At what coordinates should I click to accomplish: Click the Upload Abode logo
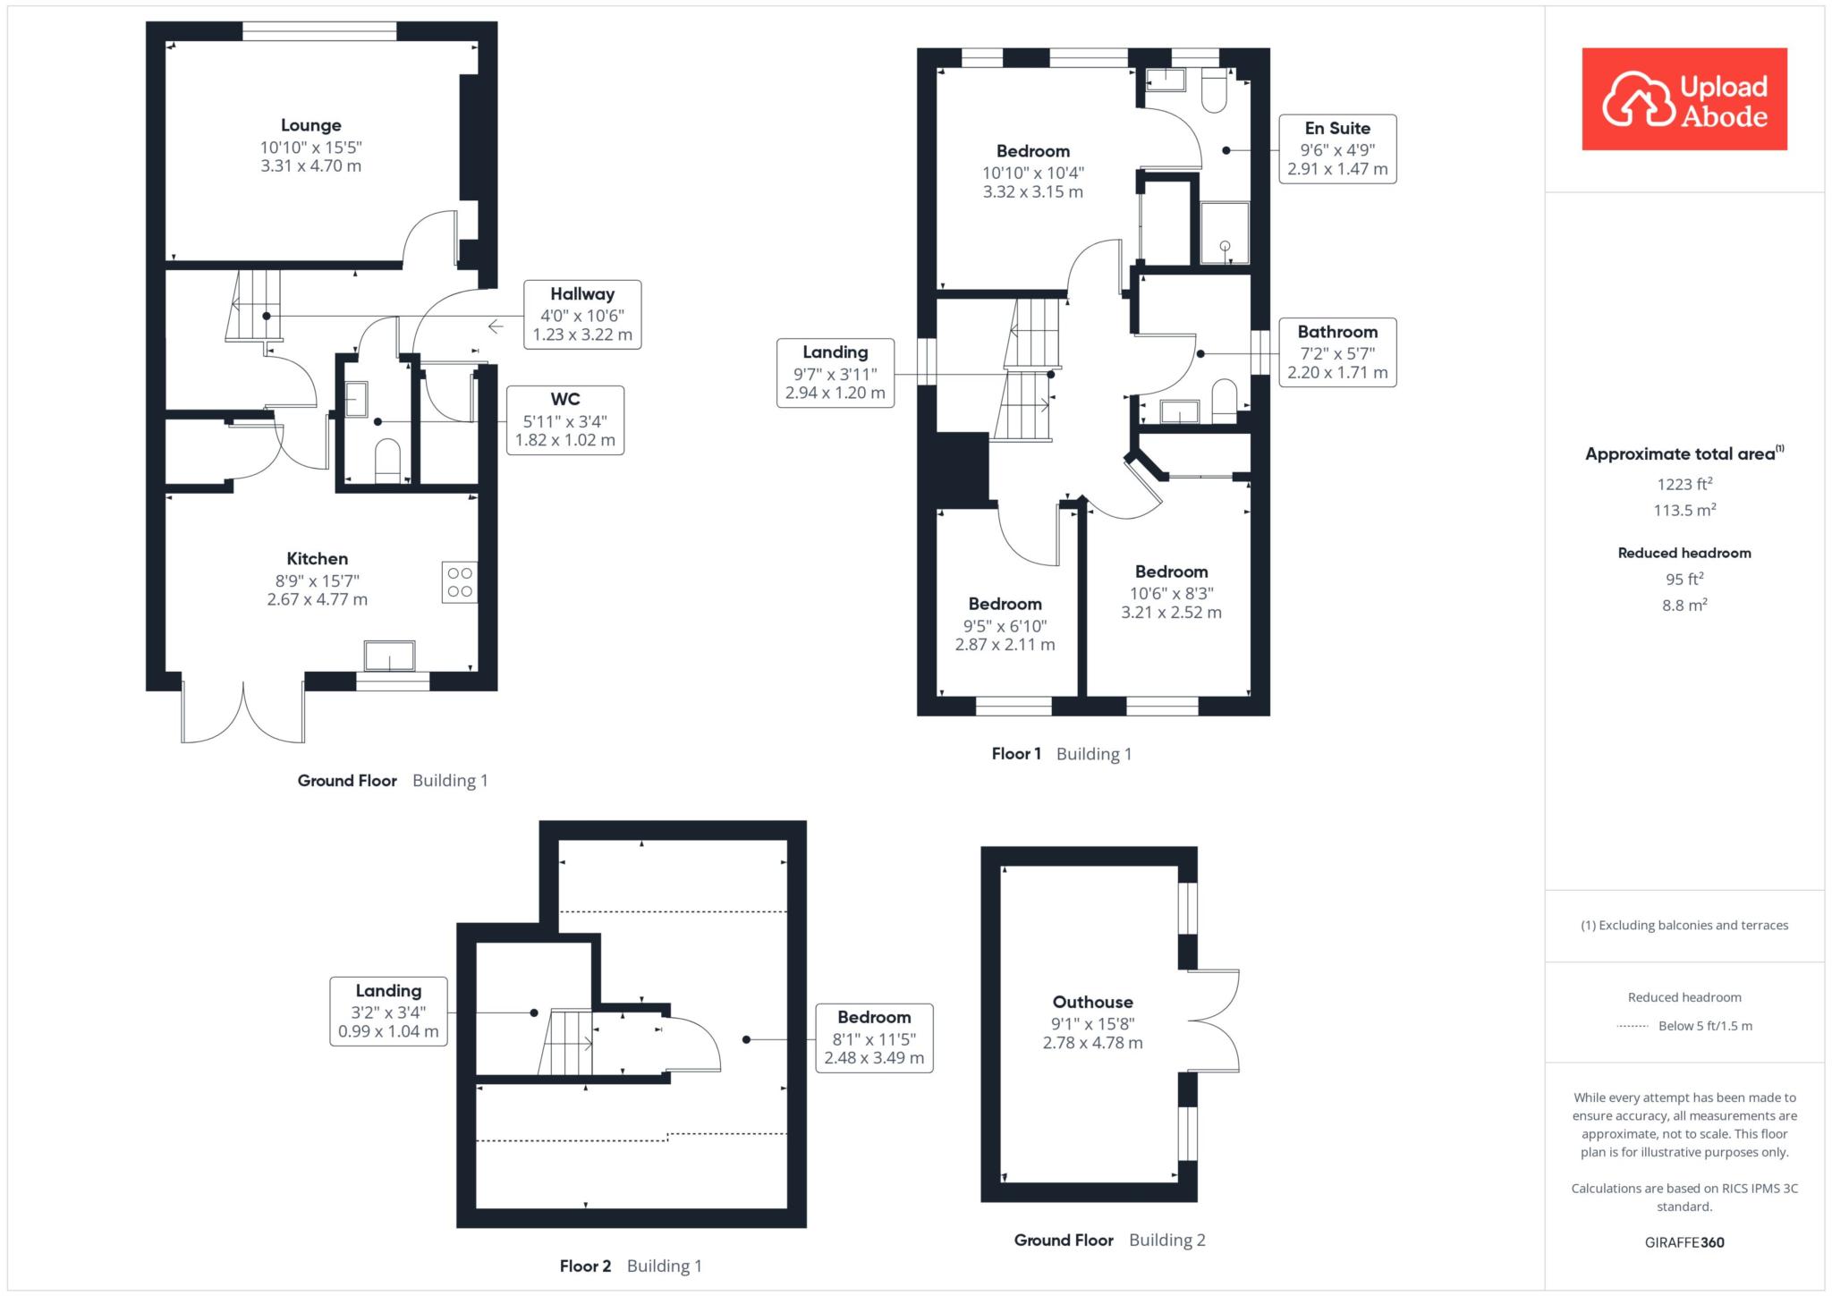click(1684, 99)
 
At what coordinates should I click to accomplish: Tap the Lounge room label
click(311, 125)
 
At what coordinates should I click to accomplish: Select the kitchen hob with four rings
click(460, 582)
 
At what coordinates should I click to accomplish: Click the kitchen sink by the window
click(389, 656)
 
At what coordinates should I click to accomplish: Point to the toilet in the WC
click(387, 460)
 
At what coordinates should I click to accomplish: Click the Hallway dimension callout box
click(582, 315)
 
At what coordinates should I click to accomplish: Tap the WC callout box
click(565, 419)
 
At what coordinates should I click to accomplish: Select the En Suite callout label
click(1337, 148)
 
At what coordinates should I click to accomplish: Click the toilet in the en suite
click(1215, 90)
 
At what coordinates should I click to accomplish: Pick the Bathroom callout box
click(1337, 352)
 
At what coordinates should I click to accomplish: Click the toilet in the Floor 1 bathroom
click(1224, 402)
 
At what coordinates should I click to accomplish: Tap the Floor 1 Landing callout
click(835, 373)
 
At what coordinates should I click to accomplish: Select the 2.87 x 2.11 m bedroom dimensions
click(1005, 645)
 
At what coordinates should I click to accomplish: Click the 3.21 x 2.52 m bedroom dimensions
click(1172, 613)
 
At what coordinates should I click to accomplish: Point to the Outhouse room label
click(1093, 1003)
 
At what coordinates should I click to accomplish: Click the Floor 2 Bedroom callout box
click(874, 1038)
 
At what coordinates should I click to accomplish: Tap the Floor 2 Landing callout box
click(388, 1012)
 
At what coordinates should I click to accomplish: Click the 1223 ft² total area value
click(1684, 484)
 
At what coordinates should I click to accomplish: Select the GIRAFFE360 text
click(1684, 1242)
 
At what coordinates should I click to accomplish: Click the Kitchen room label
click(318, 559)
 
